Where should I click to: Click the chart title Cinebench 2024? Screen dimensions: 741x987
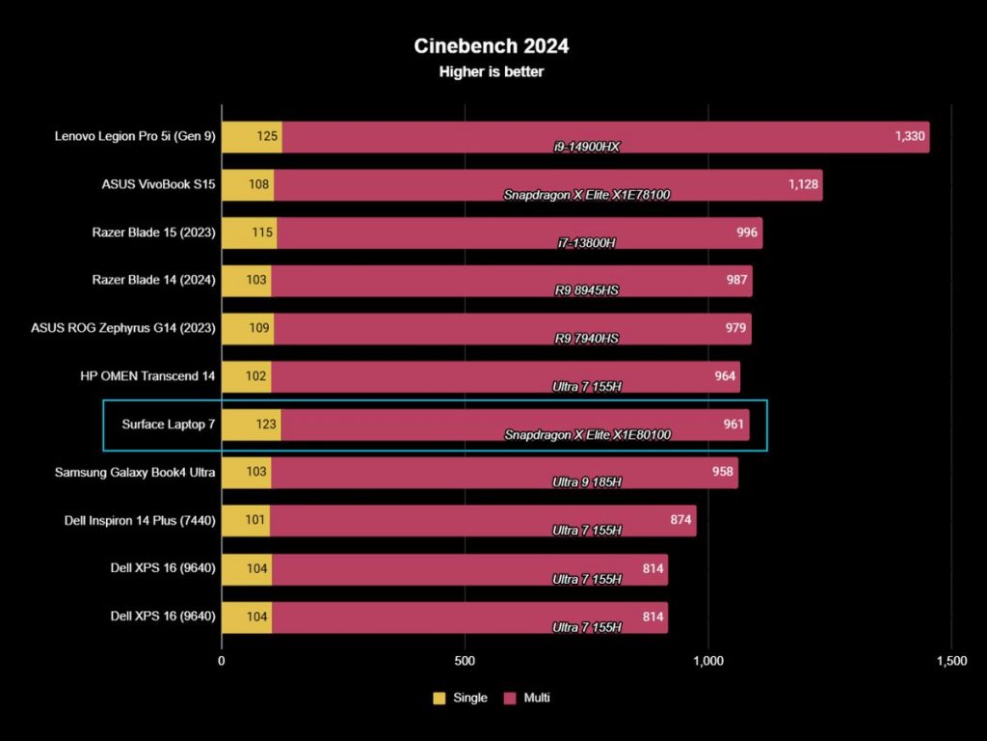(492, 46)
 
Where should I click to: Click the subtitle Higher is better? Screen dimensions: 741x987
(492, 71)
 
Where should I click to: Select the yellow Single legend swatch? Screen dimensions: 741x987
(440, 698)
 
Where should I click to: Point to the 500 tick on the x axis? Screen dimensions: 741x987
(466, 661)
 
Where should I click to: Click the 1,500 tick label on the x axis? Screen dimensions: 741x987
(951, 661)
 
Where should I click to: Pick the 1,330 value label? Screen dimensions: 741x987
(910, 136)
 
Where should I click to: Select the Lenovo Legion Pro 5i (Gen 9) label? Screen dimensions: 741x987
(135, 136)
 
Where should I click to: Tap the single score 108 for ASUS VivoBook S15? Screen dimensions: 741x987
(258, 183)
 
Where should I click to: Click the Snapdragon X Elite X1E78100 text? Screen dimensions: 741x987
(586, 195)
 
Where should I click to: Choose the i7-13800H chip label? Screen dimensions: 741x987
(586, 243)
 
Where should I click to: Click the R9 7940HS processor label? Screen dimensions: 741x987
(586, 339)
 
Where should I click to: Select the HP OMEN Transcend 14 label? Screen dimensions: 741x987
(148, 375)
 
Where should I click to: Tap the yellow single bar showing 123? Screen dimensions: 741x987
(251, 424)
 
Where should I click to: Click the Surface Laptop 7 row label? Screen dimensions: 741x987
(168, 424)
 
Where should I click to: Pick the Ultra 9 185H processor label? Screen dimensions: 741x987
(586, 482)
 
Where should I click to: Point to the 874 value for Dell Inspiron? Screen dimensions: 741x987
(680, 519)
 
